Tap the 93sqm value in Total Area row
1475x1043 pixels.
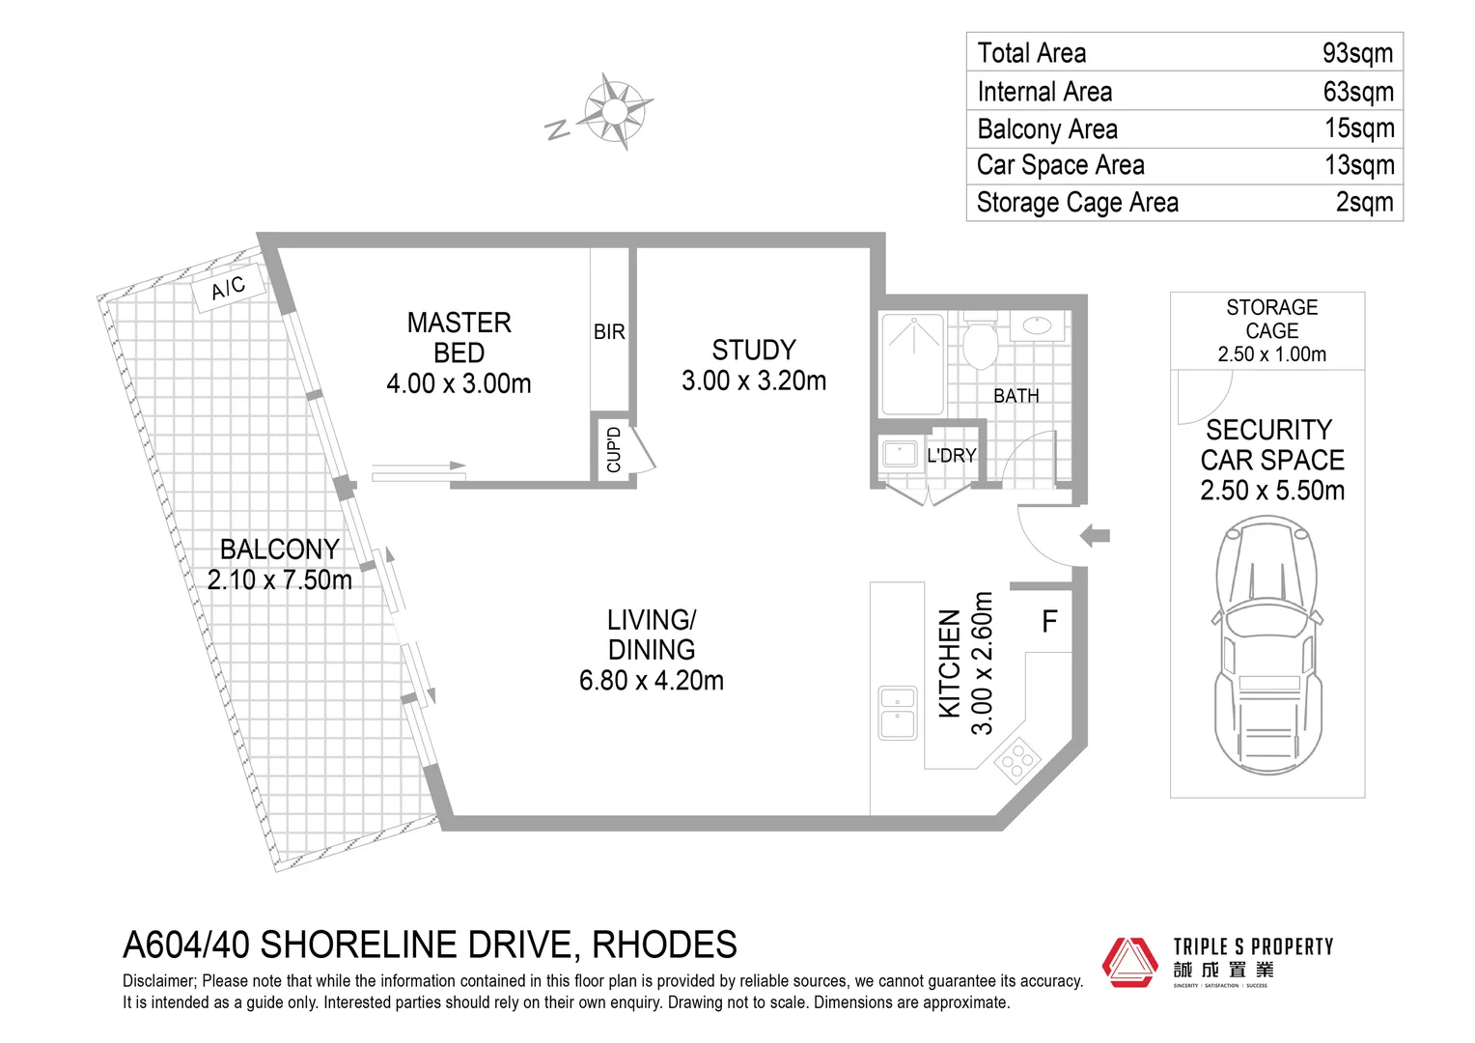[x=1357, y=53]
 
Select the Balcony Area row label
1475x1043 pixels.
[x=1047, y=128]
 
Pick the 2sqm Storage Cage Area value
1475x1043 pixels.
[x=1364, y=202]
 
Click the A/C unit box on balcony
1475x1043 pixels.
[x=228, y=287]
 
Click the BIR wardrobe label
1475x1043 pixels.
[x=609, y=331]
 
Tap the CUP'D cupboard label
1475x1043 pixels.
[x=614, y=450]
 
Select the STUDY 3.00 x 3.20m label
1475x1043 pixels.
[x=754, y=365]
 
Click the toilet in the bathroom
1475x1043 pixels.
[x=980, y=342]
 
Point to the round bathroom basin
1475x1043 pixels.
[x=1038, y=324]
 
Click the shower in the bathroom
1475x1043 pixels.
[x=911, y=361]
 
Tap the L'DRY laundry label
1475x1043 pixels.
[x=951, y=456]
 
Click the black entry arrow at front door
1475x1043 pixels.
[x=1095, y=535]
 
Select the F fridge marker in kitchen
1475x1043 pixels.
[x=1050, y=622]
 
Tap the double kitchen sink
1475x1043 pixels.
[x=898, y=713]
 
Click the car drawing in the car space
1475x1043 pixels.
[x=1268, y=645]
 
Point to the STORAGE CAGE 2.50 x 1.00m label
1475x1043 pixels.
[x=1271, y=330]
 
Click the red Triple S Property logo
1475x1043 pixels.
[x=1129, y=962]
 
